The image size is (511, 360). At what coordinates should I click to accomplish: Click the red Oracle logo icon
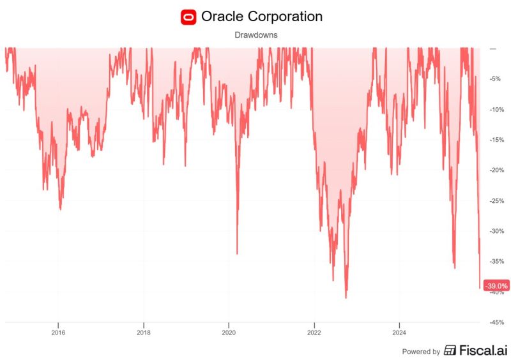[188, 17]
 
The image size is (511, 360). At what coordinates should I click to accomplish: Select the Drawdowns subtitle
[255, 36]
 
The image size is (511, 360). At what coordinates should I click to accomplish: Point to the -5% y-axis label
[495, 79]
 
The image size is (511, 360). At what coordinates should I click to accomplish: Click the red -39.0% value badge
[496, 285]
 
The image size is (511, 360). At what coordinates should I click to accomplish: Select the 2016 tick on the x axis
[58, 333]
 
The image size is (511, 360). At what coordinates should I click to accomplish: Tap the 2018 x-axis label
[144, 333]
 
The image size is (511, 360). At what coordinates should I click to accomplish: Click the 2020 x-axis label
[229, 333]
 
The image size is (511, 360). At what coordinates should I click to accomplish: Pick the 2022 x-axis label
[314, 333]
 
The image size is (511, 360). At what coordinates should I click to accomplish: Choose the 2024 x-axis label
[399, 333]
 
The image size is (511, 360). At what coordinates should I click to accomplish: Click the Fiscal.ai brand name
[484, 350]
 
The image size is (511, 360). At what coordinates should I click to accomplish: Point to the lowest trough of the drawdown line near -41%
[346, 297]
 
